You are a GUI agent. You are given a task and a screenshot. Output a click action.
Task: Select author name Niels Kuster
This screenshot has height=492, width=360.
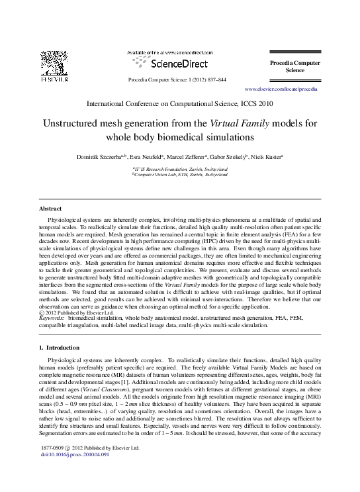coord(268,157)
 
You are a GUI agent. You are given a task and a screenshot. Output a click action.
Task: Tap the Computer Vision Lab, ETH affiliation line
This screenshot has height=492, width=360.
coord(180,175)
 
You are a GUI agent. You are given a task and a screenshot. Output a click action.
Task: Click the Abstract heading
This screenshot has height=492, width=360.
coord(51,208)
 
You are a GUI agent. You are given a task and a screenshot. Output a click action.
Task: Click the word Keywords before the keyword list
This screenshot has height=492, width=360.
coord(52,318)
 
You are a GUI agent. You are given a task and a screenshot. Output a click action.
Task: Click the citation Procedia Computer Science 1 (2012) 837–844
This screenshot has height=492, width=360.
coord(177,79)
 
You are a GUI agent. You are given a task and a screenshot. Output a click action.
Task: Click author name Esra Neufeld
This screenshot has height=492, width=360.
coord(148,157)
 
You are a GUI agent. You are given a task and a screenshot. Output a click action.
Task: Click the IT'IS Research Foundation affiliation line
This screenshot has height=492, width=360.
coord(180,169)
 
